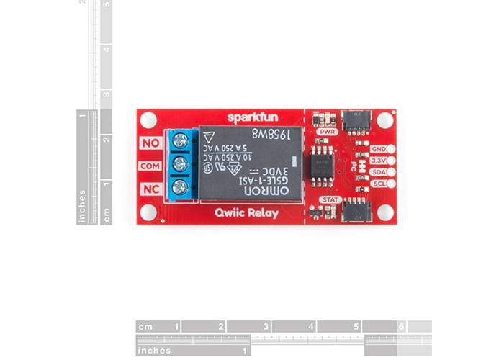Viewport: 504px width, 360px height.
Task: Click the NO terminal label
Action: coord(150,143)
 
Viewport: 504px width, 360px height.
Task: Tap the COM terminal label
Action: coord(150,166)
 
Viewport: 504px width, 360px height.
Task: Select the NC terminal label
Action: coord(150,189)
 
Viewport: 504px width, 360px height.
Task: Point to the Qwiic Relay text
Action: coord(247,213)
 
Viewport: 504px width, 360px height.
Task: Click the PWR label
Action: coord(327,132)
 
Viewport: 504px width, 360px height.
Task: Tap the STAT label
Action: coord(330,199)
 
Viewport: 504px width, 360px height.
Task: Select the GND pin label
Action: coord(379,149)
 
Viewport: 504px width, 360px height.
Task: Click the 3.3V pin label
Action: coord(379,161)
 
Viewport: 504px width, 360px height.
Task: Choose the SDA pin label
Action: coord(379,172)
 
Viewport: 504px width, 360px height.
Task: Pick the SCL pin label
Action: coord(379,184)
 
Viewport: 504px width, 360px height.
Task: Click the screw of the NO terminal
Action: coord(181,141)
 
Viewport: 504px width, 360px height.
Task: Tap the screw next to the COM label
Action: coord(181,165)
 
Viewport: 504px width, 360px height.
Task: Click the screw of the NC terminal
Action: coord(181,188)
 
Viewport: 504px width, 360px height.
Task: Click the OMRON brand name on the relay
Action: coord(269,190)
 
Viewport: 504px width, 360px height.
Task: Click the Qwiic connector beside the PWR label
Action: coord(356,120)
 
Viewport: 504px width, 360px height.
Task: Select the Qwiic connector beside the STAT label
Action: coord(356,210)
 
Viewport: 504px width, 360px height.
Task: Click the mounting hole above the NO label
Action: coord(148,120)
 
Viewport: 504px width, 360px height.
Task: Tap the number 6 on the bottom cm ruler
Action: coord(402,327)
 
